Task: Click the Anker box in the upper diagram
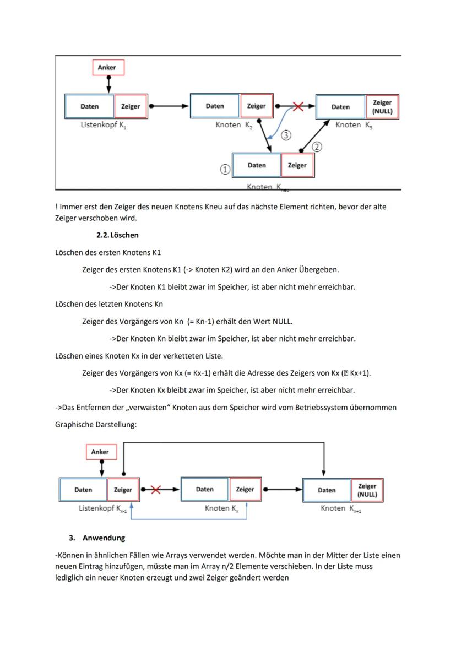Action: (x=108, y=67)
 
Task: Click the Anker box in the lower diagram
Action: (x=101, y=452)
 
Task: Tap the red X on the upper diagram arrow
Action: (x=298, y=106)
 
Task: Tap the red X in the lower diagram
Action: (x=155, y=489)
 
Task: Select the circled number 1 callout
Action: (x=225, y=170)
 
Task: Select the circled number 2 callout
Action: (x=317, y=147)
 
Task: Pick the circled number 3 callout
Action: (x=286, y=134)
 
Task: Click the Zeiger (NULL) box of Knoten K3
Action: (x=382, y=107)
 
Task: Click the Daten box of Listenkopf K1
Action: (x=89, y=106)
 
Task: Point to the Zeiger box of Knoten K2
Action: (x=256, y=106)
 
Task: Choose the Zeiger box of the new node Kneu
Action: (x=297, y=165)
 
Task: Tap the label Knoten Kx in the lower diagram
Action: (x=221, y=508)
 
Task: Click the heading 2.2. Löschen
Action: (x=117, y=235)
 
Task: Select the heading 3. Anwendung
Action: (x=97, y=538)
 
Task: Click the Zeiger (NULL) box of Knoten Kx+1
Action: (x=367, y=490)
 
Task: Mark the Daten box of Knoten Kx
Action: (x=204, y=489)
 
